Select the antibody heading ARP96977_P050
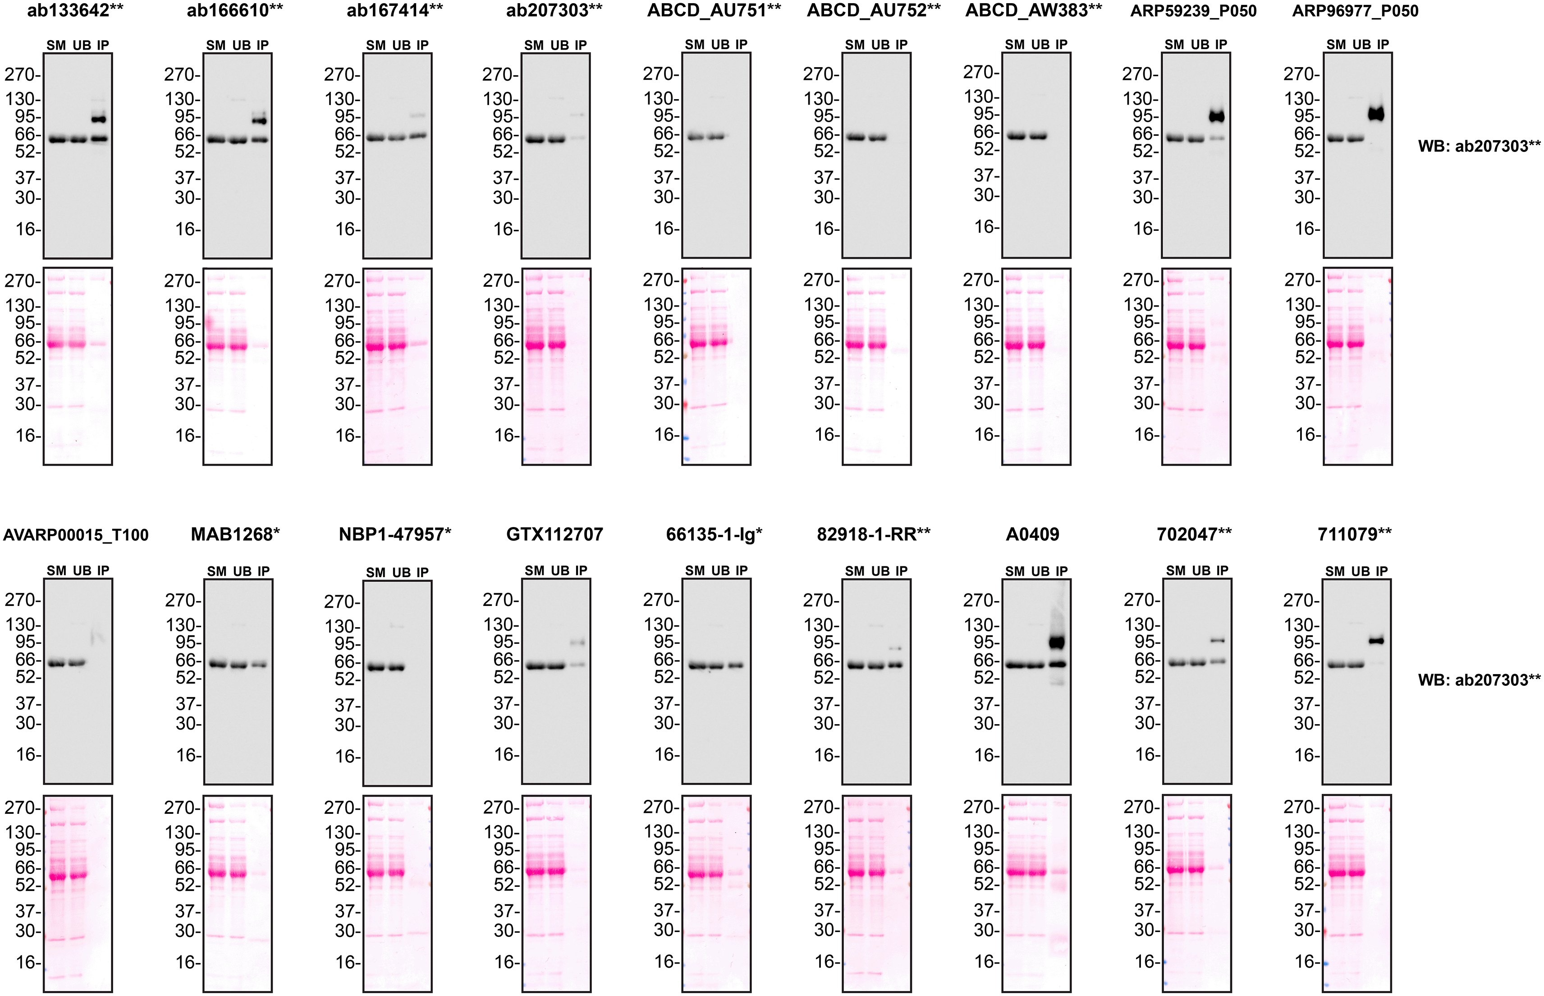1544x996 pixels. tap(1355, 11)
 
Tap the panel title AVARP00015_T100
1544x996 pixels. tap(76, 535)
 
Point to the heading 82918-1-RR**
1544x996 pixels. tap(874, 534)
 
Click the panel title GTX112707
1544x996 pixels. tap(555, 534)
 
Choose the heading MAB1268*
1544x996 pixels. tap(235, 534)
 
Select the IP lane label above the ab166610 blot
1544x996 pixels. tap(262, 45)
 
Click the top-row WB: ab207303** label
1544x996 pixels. tap(1479, 146)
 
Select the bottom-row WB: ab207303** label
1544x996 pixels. tap(1479, 680)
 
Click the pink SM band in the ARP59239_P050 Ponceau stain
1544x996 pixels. tap(1175, 345)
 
